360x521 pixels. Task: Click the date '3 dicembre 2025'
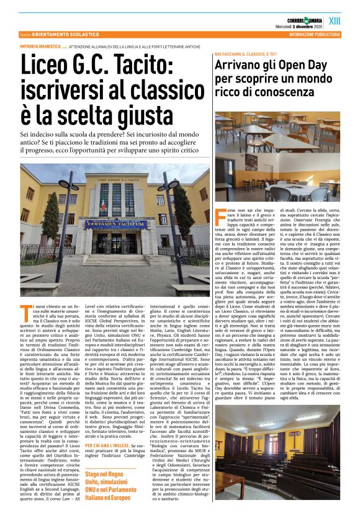299,26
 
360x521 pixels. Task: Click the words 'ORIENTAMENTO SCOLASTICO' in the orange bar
68,35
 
